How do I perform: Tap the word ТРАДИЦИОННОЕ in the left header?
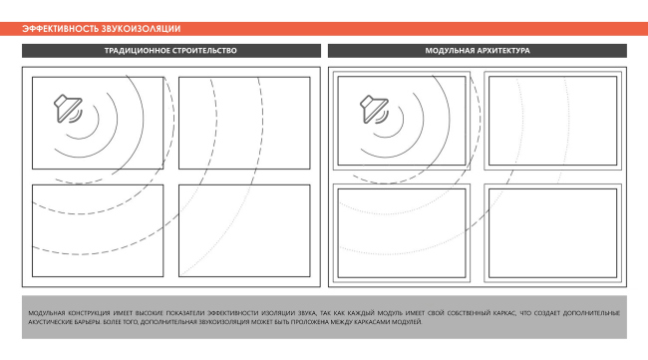(140, 50)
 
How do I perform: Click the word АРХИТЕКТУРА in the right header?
(502, 50)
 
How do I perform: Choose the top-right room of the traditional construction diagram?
(244, 123)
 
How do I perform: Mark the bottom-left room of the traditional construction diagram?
(98, 231)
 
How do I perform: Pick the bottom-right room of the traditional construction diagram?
(244, 231)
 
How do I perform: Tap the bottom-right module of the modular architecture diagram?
(551, 233)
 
